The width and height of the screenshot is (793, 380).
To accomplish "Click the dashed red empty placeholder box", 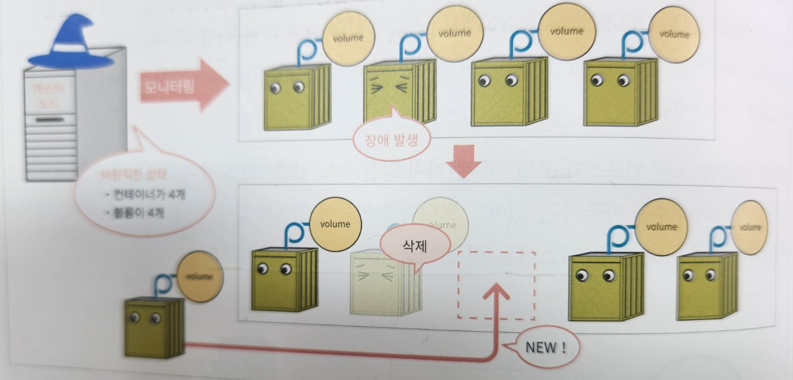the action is (496, 285).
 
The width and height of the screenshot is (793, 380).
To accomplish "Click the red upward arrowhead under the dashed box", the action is (496, 294).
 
